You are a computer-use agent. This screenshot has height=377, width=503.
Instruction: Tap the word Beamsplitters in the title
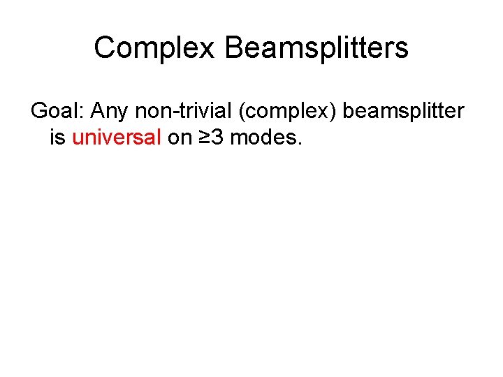pos(316,48)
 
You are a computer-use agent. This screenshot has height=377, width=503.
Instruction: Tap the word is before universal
pos(57,137)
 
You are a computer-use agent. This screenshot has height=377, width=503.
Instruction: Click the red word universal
pos(117,137)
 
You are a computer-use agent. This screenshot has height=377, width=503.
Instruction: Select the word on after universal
pos(180,138)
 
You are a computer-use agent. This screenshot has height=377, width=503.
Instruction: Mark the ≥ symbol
pos(203,138)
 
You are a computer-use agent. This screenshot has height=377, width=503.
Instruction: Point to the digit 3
pos(217,137)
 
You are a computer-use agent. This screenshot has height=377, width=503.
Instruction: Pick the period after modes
pos(299,143)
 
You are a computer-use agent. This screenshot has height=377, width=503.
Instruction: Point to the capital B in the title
pos(235,48)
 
